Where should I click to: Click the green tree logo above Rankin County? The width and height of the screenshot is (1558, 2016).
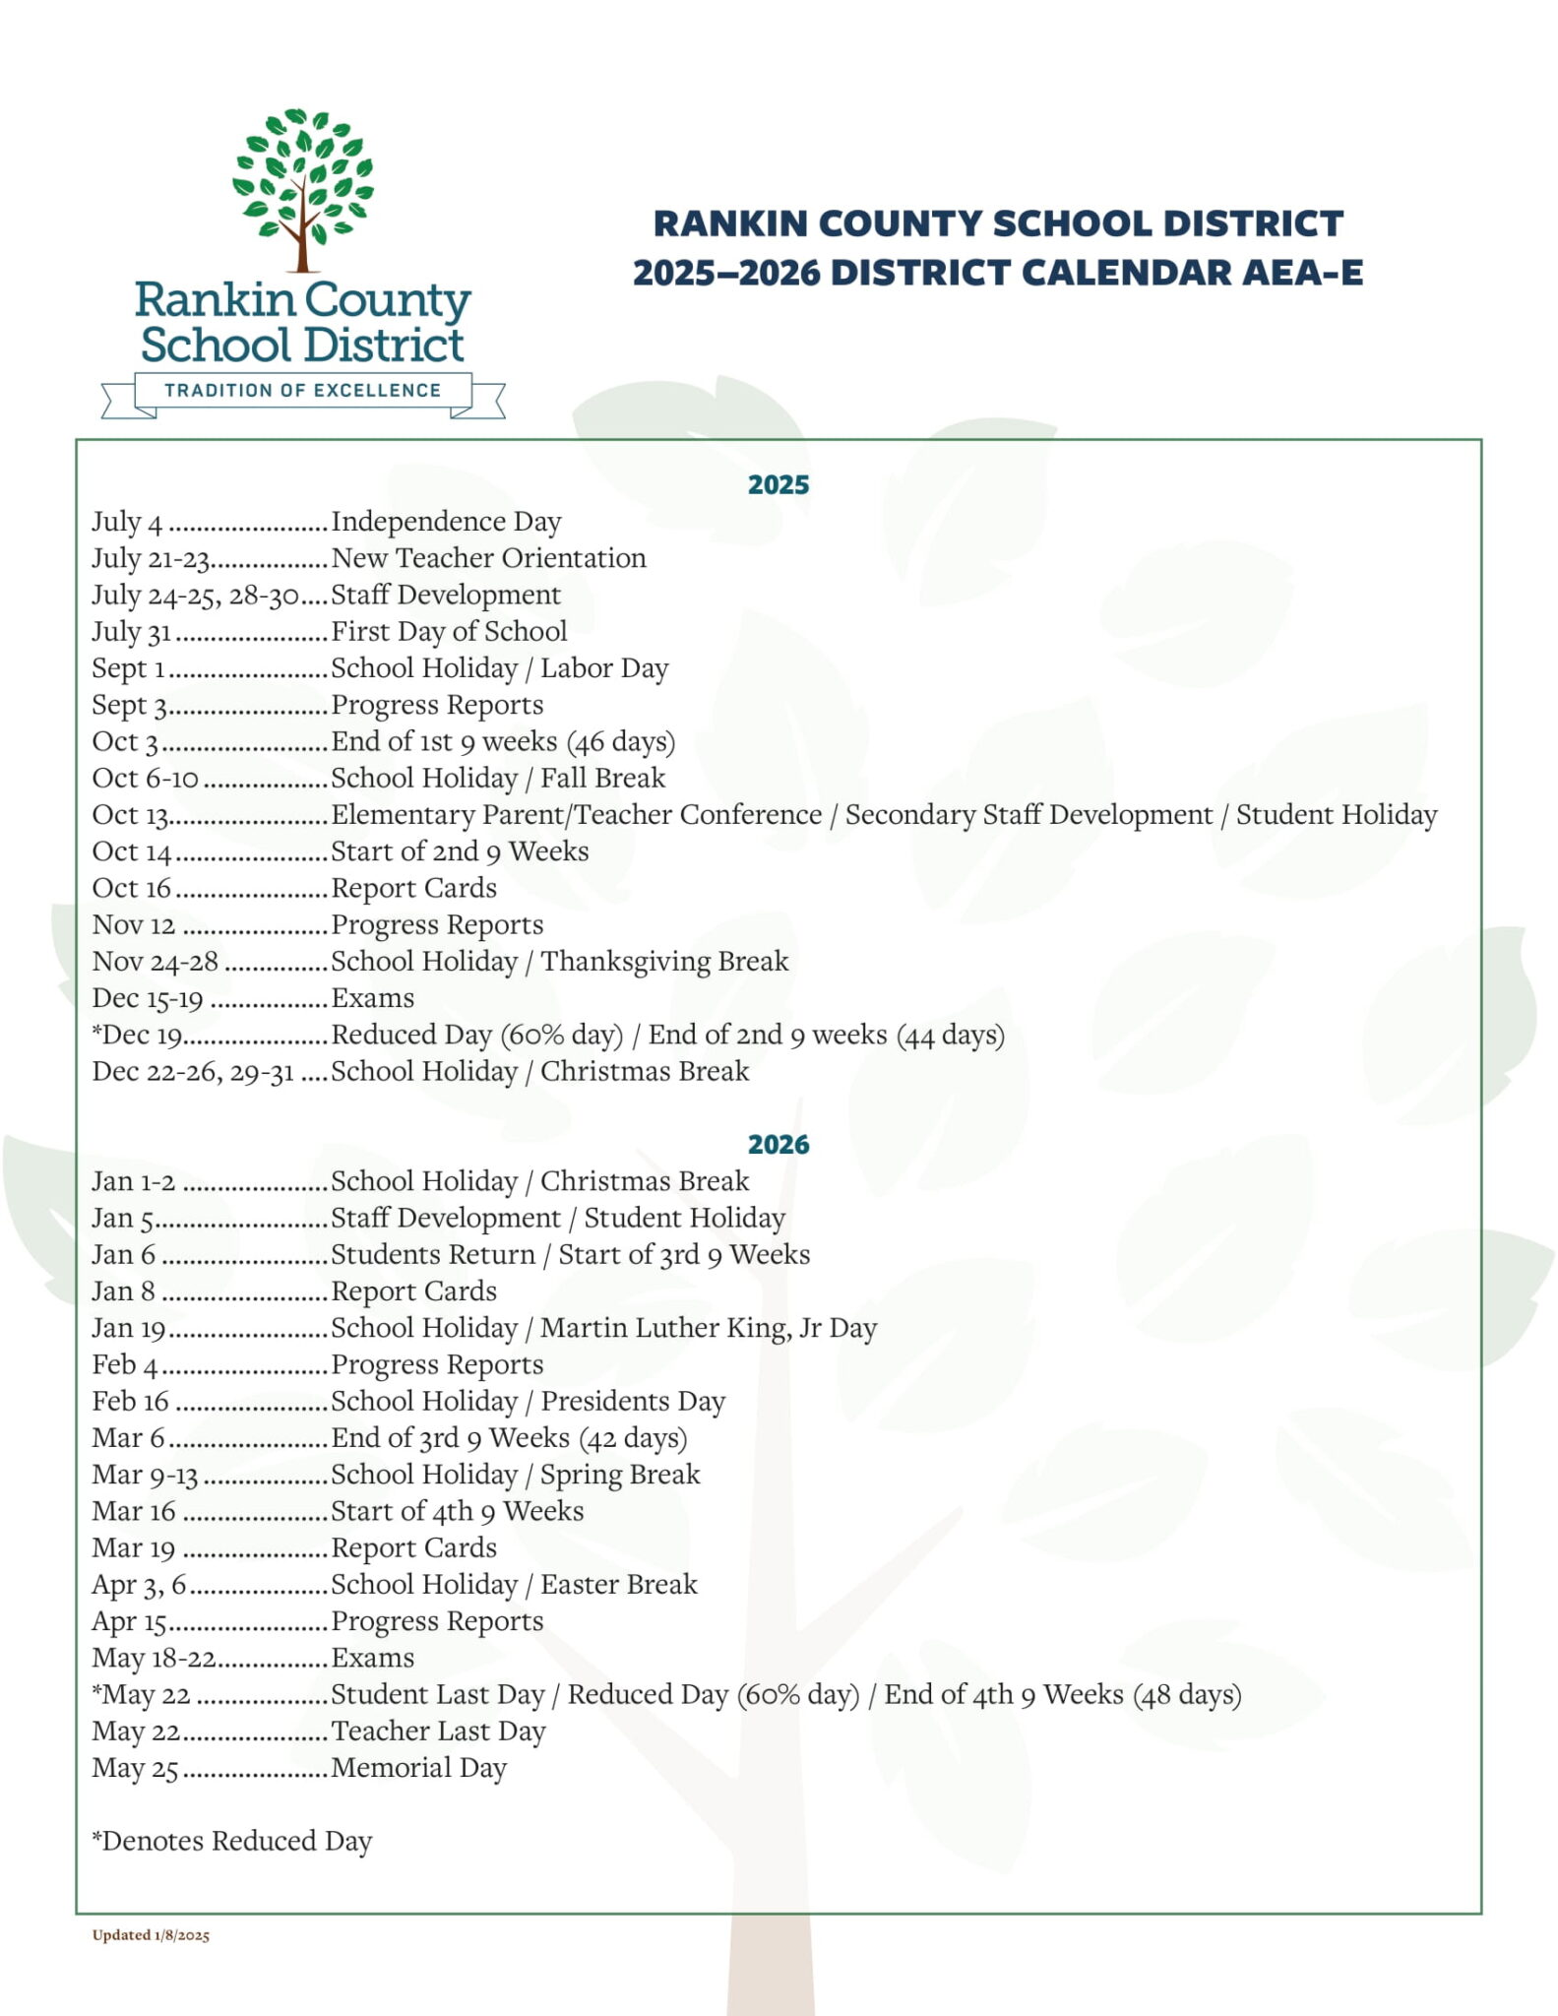303,187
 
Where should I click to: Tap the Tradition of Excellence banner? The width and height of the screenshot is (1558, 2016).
303,391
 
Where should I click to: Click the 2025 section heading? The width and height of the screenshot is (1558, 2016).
778,484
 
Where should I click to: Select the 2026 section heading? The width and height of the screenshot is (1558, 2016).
778,1144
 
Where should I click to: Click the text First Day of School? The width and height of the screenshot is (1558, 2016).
449,631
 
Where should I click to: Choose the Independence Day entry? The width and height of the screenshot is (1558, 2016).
446,522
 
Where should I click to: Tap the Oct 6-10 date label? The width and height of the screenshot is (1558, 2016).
146,779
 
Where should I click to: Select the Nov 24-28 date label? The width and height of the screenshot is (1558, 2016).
156,962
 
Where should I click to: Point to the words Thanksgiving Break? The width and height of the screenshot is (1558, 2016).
664,962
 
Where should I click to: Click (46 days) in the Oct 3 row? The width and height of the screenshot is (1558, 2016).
620,742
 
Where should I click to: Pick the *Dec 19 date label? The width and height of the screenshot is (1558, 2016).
137,1036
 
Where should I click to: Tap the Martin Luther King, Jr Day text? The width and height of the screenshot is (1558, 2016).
708,1329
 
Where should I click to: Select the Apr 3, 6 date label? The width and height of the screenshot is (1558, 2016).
139,1585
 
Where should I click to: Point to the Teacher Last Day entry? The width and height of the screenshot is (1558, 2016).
438,1732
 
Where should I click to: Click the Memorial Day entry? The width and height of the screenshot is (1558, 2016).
418,1768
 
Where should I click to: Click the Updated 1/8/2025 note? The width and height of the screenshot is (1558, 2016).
151,1935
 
